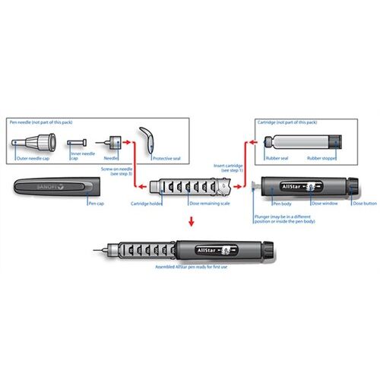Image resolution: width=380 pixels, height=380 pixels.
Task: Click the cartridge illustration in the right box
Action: [301, 142]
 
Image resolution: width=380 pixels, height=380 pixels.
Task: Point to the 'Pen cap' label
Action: [96, 203]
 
